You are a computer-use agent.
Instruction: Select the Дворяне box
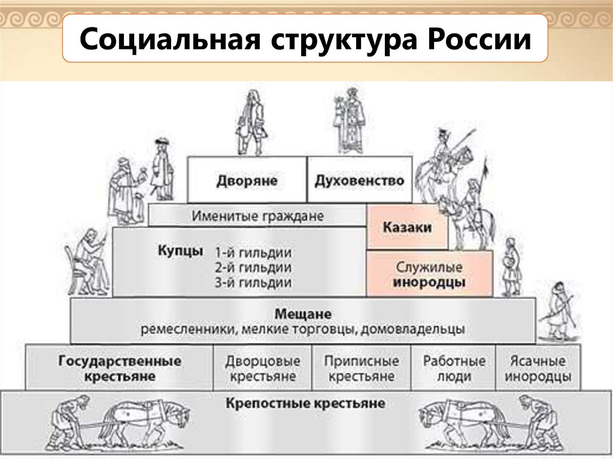pos(247,180)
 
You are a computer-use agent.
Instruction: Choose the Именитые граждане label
pos(257,215)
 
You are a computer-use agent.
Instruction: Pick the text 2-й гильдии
pos(253,267)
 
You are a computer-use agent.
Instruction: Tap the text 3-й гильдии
pos(253,282)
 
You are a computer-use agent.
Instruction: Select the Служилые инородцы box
pos(429,274)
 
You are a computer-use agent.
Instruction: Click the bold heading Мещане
pos(303,314)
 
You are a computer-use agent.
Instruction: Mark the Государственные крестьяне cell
pos(120,369)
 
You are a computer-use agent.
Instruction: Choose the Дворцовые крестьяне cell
pos(263,369)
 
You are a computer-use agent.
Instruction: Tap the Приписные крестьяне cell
pos(362,369)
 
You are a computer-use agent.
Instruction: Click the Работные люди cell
pos(454,369)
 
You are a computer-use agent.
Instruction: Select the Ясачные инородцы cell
pos(538,369)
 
